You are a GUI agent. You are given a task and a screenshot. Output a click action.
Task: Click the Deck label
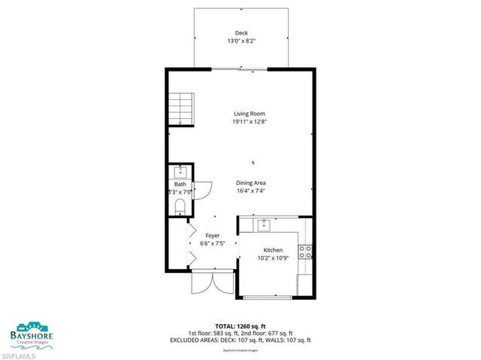pos(240,33)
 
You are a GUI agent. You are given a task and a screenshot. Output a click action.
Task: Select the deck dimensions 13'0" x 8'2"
pos(240,41)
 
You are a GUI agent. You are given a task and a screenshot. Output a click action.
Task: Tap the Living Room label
pos(249,113)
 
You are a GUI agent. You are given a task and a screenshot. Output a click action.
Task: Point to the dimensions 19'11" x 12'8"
pos(249,122)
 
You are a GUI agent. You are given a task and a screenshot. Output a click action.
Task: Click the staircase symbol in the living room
pos(180,107)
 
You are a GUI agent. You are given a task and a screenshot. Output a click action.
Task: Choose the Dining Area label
pos(252,183)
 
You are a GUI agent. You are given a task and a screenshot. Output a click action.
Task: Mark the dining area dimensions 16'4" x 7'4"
pos(252,191)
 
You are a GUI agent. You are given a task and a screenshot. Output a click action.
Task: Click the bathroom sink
pos(180,172)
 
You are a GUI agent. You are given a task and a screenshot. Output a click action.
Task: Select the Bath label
pos(180,184)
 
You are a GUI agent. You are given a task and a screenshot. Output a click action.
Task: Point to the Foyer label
pos(213,235)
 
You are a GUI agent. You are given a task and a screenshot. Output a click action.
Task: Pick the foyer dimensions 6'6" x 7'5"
pos(213,244)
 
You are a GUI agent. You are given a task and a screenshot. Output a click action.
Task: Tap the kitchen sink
pos(264,224)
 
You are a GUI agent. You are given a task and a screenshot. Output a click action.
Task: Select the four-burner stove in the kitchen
pos(305,252)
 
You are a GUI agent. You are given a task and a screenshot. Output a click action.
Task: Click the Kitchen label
pos(272,250)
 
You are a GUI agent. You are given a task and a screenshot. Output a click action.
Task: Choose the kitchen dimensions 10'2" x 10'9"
pos(272,258)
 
